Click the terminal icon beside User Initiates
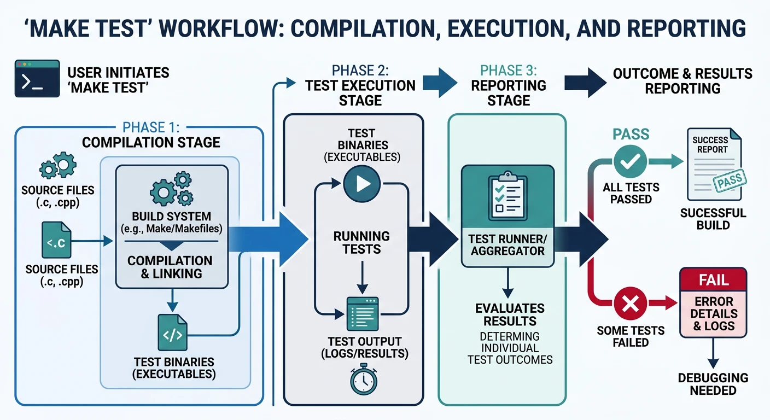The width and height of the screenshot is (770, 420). (37, 79)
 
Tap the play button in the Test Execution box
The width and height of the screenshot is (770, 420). (361, 183)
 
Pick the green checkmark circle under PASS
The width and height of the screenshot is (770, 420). (631, 161)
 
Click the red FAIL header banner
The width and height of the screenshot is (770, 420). (713, 280)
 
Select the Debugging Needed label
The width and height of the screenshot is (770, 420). (713, 384)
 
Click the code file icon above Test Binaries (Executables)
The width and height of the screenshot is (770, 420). (173, 332)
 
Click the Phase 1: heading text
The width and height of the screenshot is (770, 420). (151, 127)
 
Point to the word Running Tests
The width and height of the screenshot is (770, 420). (361, 243)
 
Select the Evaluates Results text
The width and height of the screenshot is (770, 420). (510, 314)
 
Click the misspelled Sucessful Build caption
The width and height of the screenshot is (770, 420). (713, 219)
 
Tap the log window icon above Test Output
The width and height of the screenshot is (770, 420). (361, 311)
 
